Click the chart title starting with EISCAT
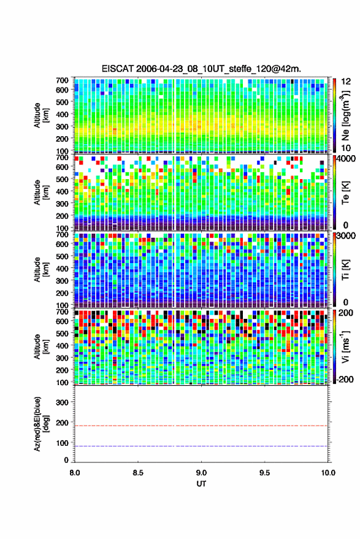tap(201, 69)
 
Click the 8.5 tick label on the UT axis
tap(138, 473)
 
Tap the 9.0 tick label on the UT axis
tap(201, 473)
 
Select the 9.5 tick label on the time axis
tap(264, 473)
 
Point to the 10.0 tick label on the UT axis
tap(328, 473)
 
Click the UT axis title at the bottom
tap(201, 484)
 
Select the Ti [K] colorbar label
tap(345, 270)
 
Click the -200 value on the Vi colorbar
tap(345, 380)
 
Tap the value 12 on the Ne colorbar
tap(346, 82)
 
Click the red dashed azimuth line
tap(201, 426)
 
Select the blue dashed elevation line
tap(201, 446)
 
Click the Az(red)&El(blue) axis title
tap(41, 424)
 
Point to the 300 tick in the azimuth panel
tap(62, 402)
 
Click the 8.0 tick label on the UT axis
tap(75, 473)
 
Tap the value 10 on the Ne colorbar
tap(346, 148)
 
